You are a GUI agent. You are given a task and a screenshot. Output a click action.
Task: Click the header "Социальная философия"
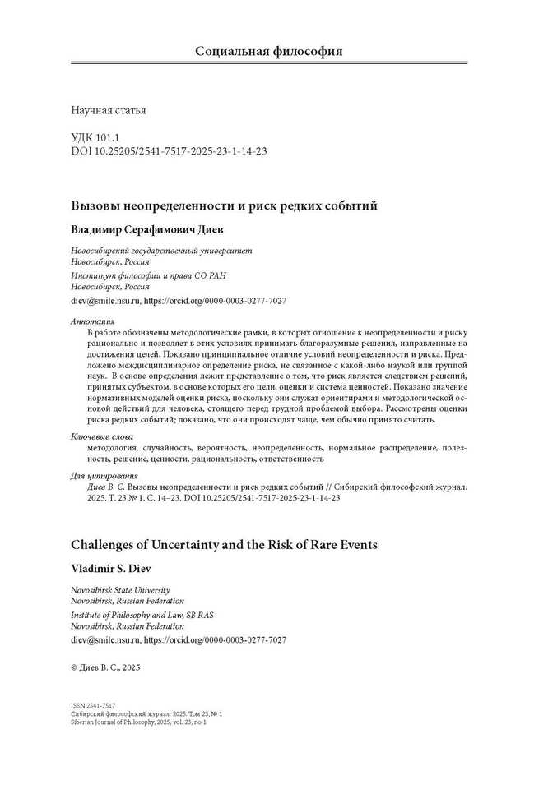pyautogui.click(x=268, y=52)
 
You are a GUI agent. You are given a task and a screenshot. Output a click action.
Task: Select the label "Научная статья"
pyautogui.click(x=109, y=109)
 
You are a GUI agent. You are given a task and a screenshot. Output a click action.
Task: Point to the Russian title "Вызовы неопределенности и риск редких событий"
pyautogui.click(x=224, y=205)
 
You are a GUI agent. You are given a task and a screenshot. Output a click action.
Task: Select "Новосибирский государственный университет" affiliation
pyautogui.click(x=162, y=250)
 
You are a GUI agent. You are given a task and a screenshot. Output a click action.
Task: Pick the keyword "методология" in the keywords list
pyautogui.click(x=112, y=448)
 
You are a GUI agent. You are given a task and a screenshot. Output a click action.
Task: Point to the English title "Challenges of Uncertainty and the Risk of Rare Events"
pyautogui.click(x=223, y=544)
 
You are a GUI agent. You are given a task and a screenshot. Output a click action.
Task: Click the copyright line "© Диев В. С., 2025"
pyautogui.click(x=106, y=668)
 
